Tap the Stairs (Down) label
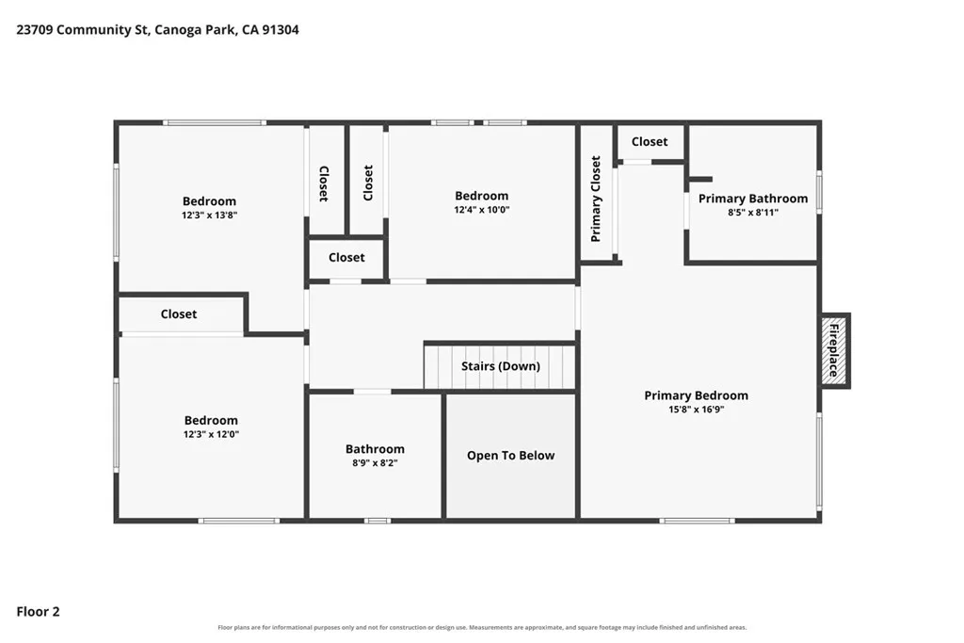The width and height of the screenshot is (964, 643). click(x=501, y=366)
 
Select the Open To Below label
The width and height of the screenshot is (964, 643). click(x=510, y=456)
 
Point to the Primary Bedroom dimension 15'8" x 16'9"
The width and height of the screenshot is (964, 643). click(x=696, y=410)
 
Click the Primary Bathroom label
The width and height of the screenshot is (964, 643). click(x=752, y=199)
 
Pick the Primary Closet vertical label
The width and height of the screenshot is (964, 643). click(x=595, y=199)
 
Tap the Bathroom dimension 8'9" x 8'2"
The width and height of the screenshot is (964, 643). click(x=375, y=463)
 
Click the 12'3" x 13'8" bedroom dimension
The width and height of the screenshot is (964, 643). click(x=209, y=216)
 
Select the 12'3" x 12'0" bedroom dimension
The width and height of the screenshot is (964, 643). click(x=211, y=434)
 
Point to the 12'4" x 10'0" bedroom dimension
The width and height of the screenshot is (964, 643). click(x=481, y=210)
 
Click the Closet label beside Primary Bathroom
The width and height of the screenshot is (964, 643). click(x=650, y=141)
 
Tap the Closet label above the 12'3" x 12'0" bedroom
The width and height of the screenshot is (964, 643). click(x=178, y=314)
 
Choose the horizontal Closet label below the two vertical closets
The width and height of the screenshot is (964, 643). click(x=346, y=258)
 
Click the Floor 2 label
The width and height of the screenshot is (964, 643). click(x=38, y=612)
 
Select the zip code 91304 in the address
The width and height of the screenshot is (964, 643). click(x=281, y=29)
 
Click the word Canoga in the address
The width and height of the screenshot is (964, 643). click(x=178, y=30)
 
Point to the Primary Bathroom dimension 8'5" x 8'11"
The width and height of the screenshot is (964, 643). click(x=752, y=213)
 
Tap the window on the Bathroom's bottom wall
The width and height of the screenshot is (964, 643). click(x=377, y=521)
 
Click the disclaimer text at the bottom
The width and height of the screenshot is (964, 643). click(x=482, y=628)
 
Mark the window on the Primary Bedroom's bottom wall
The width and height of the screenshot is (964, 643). click(x=697, y=521)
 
